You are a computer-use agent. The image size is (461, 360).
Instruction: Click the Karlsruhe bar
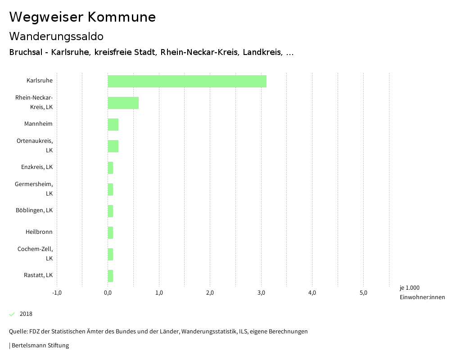point(187,81)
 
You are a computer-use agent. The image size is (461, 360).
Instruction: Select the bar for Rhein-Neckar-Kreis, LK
point(123,103)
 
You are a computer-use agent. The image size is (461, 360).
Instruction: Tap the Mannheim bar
point(113,124)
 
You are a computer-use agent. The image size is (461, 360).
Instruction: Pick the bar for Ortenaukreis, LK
point(113,146)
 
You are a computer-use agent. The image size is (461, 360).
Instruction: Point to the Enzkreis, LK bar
point(110,168)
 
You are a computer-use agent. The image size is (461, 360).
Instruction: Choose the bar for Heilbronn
point(110,232)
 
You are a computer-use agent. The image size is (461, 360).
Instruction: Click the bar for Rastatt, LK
point(110,276)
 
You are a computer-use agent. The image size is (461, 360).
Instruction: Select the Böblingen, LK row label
point(34,210)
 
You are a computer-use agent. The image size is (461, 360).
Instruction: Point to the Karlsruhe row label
point(40,81)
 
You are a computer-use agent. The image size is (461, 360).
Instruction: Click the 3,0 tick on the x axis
point(261,293)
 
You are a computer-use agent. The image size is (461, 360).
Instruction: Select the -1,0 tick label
point(57,293)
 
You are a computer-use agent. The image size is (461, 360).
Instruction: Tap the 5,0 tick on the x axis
point(363,293)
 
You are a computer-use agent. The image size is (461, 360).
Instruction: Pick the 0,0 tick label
point(108,293)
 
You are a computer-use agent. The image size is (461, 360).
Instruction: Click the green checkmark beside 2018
point(12,314)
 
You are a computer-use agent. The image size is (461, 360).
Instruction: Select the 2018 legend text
point(26,314)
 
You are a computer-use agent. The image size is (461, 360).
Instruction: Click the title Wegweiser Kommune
point(82,17)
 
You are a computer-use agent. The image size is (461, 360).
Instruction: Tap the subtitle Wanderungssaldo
point(56,36)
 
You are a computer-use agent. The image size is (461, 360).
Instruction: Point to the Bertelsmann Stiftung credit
point(40,346)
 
